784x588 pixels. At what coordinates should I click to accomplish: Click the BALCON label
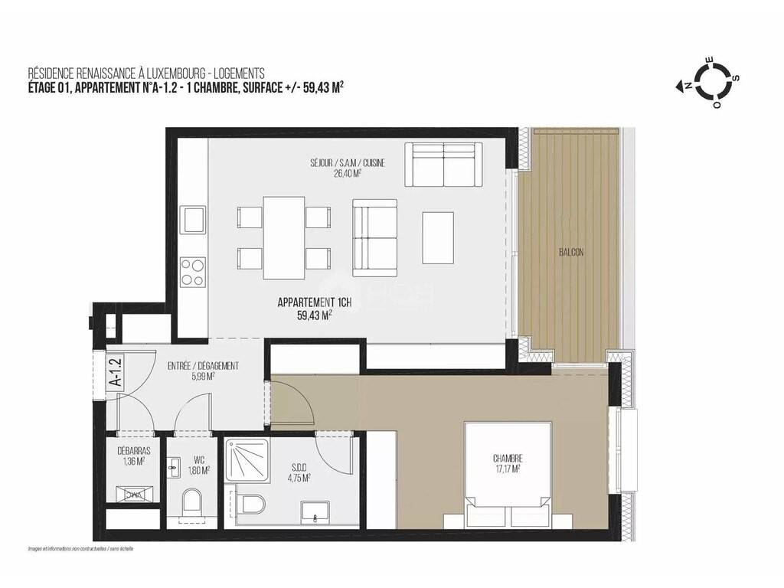[x=570, y=253]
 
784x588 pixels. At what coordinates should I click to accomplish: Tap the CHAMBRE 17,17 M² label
[x=508, y=463]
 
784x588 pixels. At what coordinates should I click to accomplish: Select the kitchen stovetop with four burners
[x=193, y=272]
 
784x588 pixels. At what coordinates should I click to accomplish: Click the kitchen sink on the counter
[x=193, y=219]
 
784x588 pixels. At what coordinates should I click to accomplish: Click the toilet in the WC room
[x=192, y=502]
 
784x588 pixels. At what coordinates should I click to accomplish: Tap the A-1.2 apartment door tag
[x=116, y=371]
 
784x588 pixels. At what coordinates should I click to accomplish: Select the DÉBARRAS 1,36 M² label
[x=133, y=456]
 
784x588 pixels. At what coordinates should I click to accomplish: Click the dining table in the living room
[x=284, y=238]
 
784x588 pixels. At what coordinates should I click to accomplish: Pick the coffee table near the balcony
[x=438, y=237]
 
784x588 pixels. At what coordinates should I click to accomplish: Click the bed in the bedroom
[x=508, y=475]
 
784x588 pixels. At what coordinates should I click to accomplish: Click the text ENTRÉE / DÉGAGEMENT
[x=203, y=365]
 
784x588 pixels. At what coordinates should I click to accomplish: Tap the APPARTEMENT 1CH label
[x=315, y=302]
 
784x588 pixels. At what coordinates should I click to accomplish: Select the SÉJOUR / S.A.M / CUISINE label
[x=348, y=163]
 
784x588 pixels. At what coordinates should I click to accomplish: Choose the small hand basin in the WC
[x=173, y=468]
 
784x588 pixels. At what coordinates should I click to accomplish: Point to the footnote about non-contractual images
[x=81, y=549]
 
